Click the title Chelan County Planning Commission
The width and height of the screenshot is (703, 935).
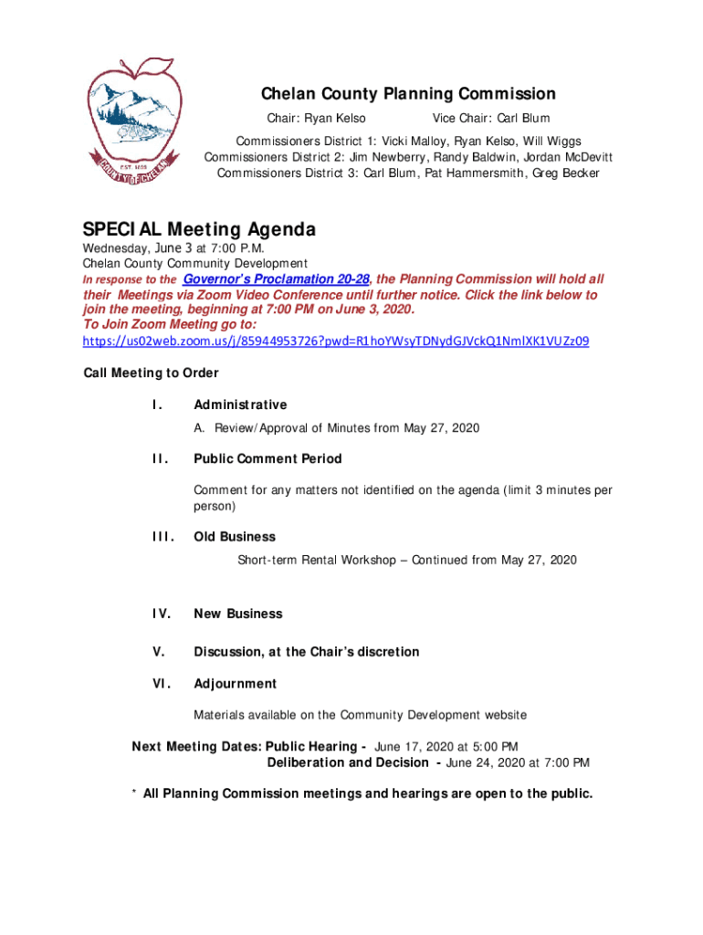[408, 94]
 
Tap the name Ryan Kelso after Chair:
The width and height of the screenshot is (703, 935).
[335, 119]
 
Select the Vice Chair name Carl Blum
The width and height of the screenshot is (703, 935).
[523, 119]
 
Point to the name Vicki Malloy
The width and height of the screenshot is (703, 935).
[416, 142]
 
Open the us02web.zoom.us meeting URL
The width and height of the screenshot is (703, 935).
[336, 341]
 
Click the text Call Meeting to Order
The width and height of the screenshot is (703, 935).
[151, 373]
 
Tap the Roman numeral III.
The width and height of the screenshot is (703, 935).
[162, 537]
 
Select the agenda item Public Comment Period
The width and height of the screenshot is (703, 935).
[268, 458]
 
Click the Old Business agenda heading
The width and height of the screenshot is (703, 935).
[235, 537]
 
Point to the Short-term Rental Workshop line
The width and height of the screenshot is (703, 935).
[407, 560]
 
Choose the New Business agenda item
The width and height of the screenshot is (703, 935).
[238, 614]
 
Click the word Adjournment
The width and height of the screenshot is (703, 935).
[235, 683]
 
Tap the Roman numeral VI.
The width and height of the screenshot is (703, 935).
[159, 683]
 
